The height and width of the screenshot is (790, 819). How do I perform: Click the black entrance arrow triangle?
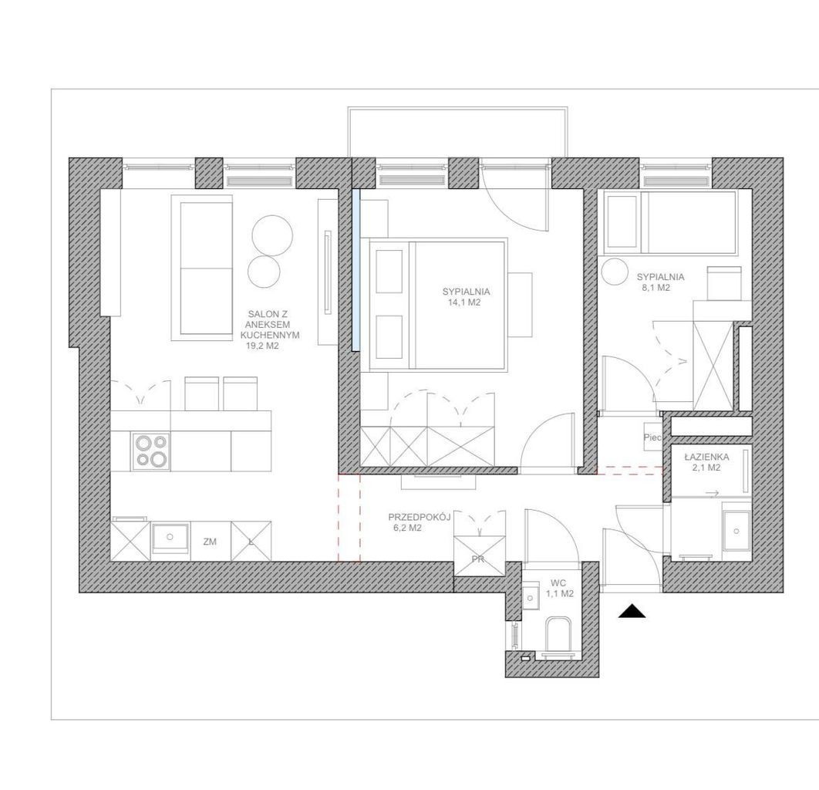pos(632,611)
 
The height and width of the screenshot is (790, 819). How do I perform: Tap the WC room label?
pos(560,582)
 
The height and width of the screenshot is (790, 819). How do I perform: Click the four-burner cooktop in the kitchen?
pos(151,451)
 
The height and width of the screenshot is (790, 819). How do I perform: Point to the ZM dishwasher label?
pos(210,542)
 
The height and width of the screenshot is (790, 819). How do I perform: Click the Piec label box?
pos(652,437)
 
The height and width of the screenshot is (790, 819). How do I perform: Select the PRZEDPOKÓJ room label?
pos(420,517)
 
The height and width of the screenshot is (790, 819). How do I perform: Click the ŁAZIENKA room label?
pos(706,457)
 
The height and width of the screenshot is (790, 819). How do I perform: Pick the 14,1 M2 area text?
pos(461,302)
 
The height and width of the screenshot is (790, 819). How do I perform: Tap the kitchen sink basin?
pos(170,538)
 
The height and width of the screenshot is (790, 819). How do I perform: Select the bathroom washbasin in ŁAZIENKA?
pos(736,531)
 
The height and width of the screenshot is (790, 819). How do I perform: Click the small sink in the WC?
pos(531,596)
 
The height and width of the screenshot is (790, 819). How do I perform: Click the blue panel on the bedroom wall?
pos(356,269)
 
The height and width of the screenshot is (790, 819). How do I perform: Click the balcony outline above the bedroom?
pos(457,109)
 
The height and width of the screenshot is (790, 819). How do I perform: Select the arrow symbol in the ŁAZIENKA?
pos(713,493)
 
